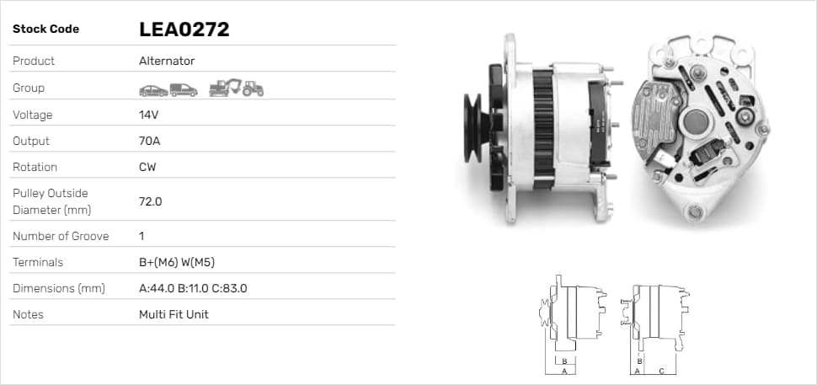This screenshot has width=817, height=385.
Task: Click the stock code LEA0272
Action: [x=184, y=29]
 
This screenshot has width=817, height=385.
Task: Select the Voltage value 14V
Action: [x=148, y=115]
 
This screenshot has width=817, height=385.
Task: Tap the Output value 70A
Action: [x=150, y=141]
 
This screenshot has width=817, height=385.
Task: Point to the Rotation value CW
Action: [x=147, y=168]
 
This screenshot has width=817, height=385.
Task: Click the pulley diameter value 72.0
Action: [x=151, y=201]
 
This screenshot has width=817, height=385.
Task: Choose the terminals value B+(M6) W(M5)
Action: [x=177, y=262]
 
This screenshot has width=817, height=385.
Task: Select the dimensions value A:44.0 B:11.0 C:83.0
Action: [x=193, y=288]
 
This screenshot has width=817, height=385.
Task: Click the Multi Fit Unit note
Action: [x=174, y=315]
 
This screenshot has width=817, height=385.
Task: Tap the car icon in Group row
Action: [x=153, y=91]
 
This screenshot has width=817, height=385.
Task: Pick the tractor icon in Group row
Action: [x=253, y=88]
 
